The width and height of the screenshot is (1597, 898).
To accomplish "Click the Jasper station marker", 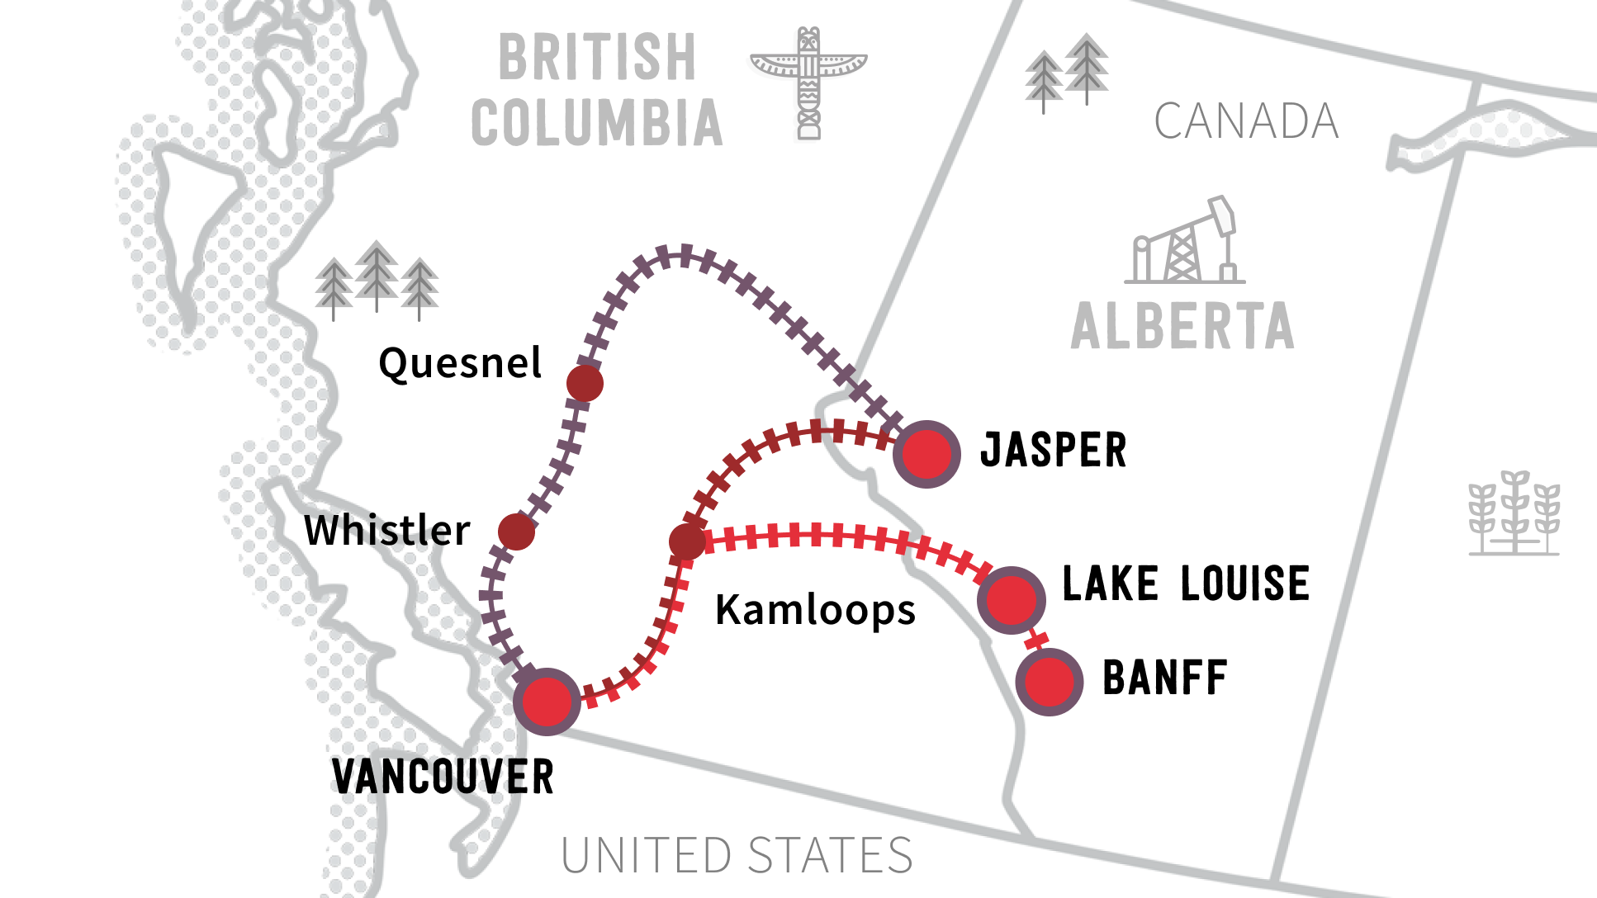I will [926, 453].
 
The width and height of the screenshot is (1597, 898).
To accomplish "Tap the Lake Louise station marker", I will [1011, 599].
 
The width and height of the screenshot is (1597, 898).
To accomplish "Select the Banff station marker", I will [1049, 681].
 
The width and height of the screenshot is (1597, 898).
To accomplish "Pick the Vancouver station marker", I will [547, 701].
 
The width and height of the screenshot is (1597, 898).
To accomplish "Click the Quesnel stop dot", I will [585, 383].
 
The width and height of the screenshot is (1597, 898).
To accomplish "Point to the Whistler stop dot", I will [517, 532].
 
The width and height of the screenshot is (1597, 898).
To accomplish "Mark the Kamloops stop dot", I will [687, 541].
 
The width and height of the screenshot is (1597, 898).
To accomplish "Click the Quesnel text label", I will [460, 363].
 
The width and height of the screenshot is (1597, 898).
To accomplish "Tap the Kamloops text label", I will [815, 610].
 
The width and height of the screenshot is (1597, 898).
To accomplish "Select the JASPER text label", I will [1053, 451].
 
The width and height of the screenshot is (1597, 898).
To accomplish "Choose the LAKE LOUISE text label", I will [1186, 584].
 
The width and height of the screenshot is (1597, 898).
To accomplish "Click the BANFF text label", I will [1165, 678].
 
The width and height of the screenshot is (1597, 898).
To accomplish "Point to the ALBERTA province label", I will [1182, 326].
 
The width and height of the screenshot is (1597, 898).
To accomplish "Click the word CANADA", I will [1246, 121].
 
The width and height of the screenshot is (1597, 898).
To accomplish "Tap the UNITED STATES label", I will [737, 855].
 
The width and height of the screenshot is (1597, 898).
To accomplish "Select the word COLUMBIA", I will [597, 124].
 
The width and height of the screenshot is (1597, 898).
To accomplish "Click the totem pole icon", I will [808, 83].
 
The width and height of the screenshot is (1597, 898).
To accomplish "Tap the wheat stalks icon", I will [1514, 513].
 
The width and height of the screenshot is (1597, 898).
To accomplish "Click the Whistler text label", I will [387, 530].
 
